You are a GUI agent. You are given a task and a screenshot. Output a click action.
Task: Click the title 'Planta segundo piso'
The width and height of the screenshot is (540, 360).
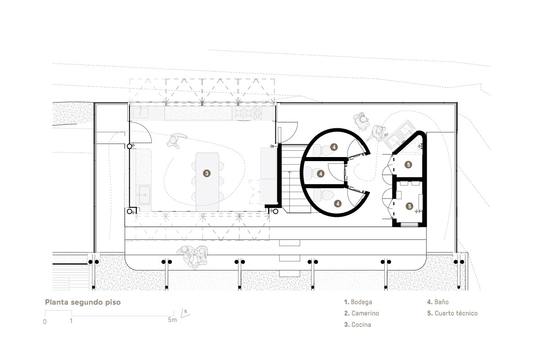[83, 302]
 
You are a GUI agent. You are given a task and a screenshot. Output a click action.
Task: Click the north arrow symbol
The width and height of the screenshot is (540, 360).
[185, 313]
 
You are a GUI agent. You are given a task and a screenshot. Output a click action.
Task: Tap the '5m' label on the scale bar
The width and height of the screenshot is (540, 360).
[172, 320]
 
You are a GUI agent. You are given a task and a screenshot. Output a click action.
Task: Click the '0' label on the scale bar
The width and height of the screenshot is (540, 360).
[45, 322]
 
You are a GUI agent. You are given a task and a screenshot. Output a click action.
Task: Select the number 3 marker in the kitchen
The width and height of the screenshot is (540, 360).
[207, 173]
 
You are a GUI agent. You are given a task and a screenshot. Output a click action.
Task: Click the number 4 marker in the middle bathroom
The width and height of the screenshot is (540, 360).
[320, 174]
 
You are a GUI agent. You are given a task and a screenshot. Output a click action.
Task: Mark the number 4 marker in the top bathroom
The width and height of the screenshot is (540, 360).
[334, 147]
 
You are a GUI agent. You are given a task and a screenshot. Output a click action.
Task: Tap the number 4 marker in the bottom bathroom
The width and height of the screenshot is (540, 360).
[338, 204]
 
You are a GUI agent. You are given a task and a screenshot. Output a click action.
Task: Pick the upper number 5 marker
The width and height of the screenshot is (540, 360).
[409, 165]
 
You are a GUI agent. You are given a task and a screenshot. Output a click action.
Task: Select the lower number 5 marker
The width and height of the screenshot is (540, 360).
[409, 206]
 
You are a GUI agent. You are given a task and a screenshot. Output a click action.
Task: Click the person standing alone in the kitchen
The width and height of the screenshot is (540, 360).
[175, 140]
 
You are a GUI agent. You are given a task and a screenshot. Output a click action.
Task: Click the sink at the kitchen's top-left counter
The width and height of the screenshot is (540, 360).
[140, 112]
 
